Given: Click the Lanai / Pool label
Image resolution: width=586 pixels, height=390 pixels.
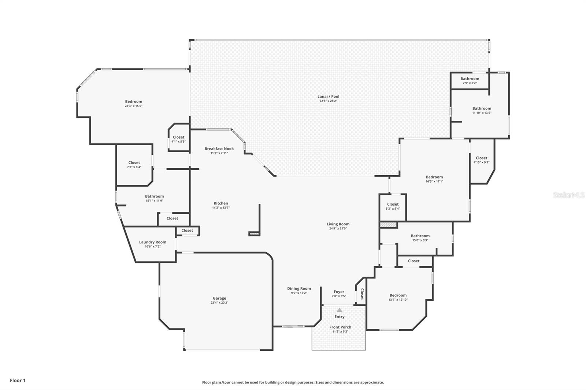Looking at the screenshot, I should [328, 97].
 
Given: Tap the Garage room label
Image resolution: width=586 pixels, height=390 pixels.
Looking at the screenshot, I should [219, 298].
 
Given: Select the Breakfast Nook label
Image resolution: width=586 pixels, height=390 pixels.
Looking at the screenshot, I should [219, 149].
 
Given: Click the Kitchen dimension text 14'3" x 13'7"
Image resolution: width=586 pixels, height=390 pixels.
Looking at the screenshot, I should [221, 208].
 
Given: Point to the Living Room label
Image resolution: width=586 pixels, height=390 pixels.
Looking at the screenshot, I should [338, 224].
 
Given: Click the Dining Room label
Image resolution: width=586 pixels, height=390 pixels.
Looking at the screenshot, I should [299, 288].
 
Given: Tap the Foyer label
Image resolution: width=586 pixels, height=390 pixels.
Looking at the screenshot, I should [339, 292].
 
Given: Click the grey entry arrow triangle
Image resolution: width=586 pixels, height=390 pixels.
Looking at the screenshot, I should [340, 310].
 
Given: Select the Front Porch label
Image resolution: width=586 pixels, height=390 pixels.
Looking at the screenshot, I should [340, 327].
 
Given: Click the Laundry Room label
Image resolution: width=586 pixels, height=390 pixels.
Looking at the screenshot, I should [152, 242].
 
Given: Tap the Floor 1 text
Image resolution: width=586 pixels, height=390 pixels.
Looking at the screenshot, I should [18, 380].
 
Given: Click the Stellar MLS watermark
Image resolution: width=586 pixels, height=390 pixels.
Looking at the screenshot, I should [568, 195].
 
